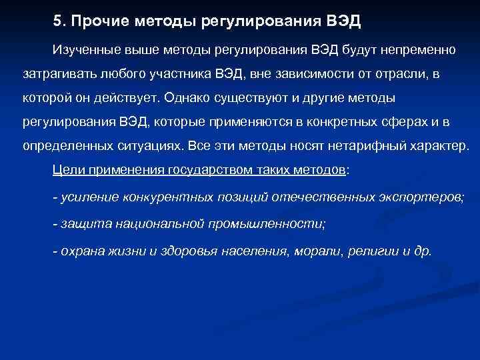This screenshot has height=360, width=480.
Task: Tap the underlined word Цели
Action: [67, 169]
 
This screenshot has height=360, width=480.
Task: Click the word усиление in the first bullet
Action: [88, 197]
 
